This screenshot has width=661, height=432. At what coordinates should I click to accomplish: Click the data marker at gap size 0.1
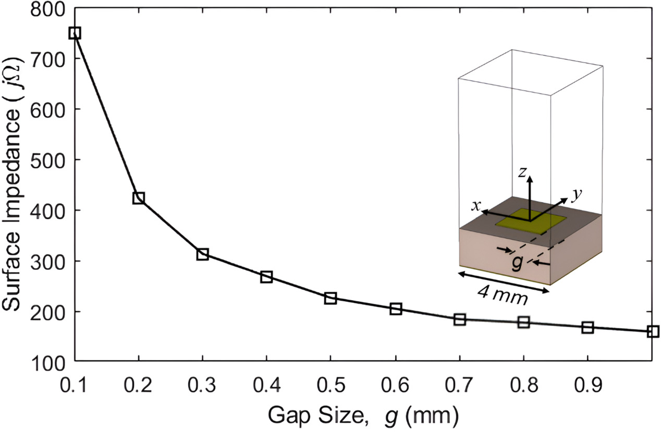tap(75, 33)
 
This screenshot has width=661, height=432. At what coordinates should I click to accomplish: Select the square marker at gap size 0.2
tap(139, 198)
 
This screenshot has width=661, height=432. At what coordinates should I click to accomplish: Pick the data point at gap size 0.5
tap(330, 299)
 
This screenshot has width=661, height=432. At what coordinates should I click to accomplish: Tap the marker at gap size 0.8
tap(523, 322)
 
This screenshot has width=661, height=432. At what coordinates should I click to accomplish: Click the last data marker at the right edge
tap(653, 331)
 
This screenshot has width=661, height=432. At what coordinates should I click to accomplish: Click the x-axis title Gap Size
tap(363, 415)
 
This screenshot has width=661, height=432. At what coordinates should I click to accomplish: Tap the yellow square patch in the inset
tap(530, 221)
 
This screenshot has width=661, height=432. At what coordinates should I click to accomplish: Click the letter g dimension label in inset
tap(517, 264)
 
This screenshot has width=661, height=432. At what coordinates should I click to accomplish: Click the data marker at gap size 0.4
tap(266, 277)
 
